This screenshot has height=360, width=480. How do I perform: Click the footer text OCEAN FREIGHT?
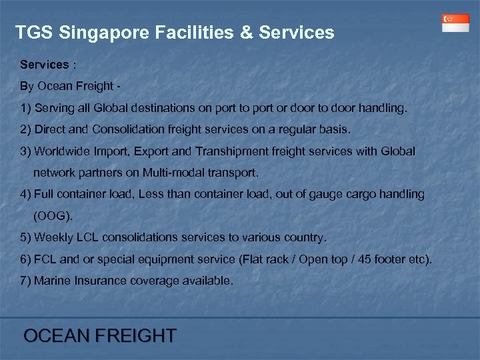(x=100, y=335)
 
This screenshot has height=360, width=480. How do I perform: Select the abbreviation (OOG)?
(x=52, y=216)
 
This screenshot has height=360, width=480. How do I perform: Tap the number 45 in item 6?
(x=375, y=259)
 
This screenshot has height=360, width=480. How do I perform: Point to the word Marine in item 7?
(x=52, y=281)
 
